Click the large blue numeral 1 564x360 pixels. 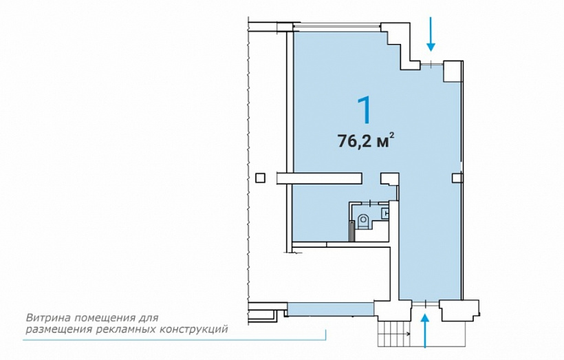tap(365, 110)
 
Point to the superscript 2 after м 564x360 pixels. tap(392, 136)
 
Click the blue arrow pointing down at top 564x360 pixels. tap(431, 34)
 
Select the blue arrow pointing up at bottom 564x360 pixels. tap(426, 331)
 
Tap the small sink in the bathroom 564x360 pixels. tap(385, 213)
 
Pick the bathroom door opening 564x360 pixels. tap(370, 203)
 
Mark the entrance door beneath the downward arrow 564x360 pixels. tap(432, 65)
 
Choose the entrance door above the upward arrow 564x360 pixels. tap(425, 304)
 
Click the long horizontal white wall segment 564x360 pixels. tap(319, 178)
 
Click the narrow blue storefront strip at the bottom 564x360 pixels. tap(331, 310)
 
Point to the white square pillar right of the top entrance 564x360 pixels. tap(452, 72)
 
